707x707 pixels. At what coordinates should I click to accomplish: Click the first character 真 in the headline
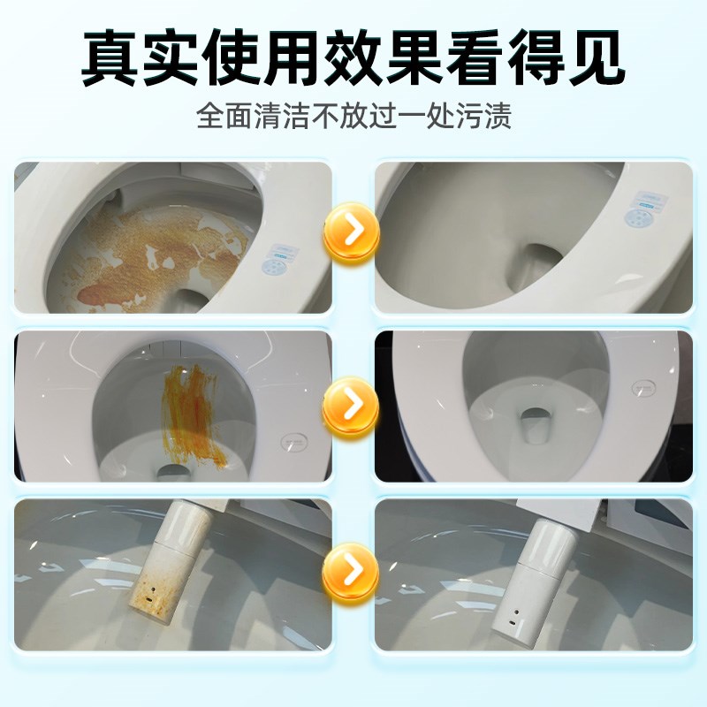(111, 59)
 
